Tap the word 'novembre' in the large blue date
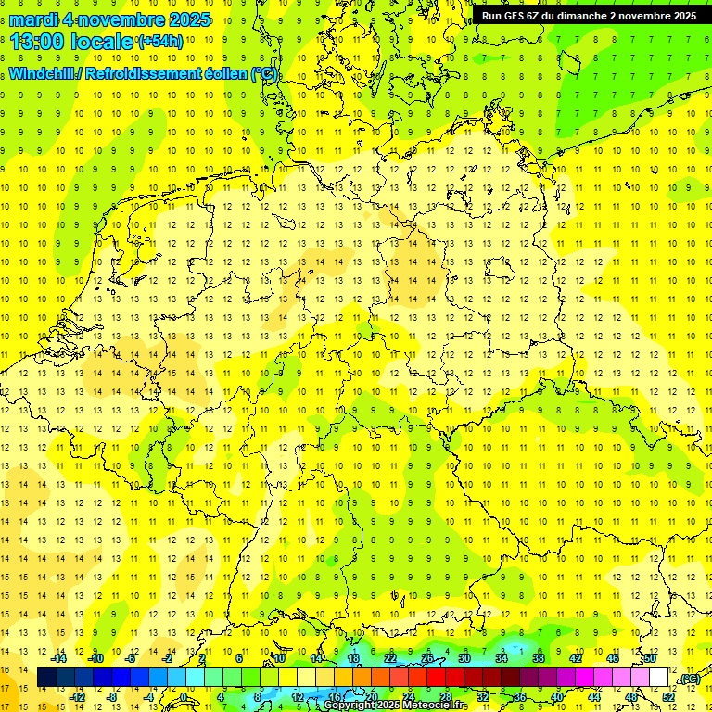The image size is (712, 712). pos(132,19)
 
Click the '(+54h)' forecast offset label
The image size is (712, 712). pos(159,42)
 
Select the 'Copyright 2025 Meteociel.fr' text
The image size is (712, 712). pos(396,706)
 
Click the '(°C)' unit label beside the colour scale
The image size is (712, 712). pos(690,680)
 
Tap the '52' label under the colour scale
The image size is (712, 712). pos(668,697)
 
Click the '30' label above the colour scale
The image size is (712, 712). pos(464,658)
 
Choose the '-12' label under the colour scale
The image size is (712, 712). pos(78,697)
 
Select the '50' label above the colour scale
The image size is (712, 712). pos(649,658)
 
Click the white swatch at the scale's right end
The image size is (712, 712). pos(659,678)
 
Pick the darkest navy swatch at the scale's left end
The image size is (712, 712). pos(46,678)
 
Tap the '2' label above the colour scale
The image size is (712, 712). pos(202,658)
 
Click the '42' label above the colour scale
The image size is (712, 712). pos(575,658)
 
